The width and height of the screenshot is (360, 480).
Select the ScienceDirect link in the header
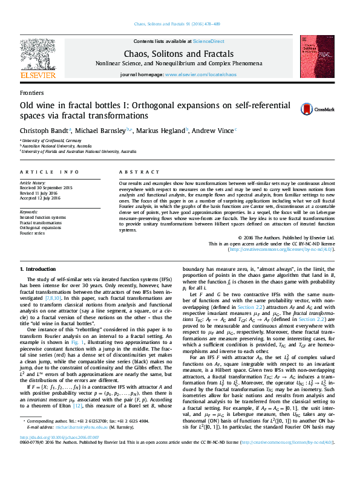(208, 41)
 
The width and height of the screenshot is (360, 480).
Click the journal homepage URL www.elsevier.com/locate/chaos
(200, 74)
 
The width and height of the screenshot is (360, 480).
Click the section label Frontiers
(31, 93)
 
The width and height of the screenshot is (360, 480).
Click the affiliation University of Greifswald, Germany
(51, 140)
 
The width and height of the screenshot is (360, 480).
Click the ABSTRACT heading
(134, 172)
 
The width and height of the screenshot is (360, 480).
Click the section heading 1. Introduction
(38, 268)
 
